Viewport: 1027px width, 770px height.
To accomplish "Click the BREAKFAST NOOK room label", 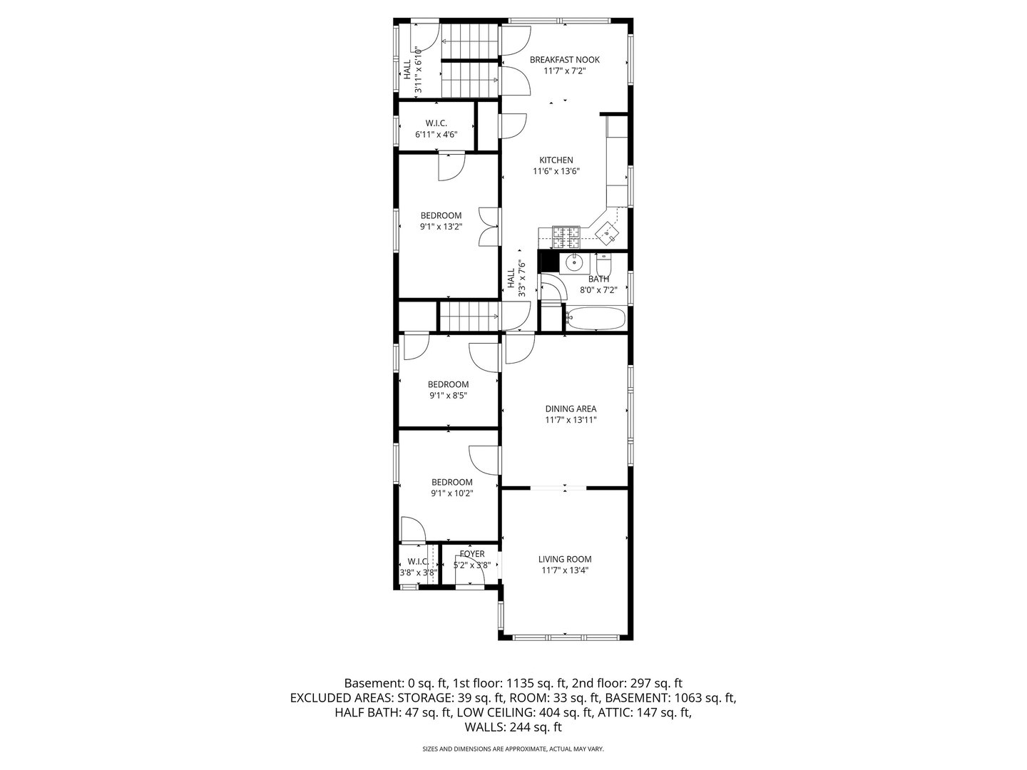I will pos(564,60).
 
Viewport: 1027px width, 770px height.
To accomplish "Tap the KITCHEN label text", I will pos(556,160).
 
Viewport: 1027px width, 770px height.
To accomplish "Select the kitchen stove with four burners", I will pos(566,232).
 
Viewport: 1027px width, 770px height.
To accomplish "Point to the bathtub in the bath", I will pos(596,319).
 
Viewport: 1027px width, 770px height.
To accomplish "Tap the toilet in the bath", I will pos(603,262).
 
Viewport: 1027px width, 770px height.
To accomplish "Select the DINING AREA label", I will pos(571,409).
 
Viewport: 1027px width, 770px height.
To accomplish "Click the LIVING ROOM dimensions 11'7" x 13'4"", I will pos(565,570).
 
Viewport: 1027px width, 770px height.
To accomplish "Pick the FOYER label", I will pos(472,554).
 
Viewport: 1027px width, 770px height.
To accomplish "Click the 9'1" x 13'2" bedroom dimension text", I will pos(441,227).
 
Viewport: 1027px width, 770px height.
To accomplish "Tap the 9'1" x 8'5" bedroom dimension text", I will pos(448,396).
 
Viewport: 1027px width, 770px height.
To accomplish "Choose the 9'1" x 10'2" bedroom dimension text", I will pos(451,493).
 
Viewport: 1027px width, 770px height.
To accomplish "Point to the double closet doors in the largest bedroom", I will pos(489,227).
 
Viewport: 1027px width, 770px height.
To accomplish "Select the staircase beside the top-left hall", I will pos(469,61).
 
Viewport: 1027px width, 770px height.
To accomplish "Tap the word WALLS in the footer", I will pos(484,728).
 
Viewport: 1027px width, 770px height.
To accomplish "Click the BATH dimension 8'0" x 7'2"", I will pos(598,290).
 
